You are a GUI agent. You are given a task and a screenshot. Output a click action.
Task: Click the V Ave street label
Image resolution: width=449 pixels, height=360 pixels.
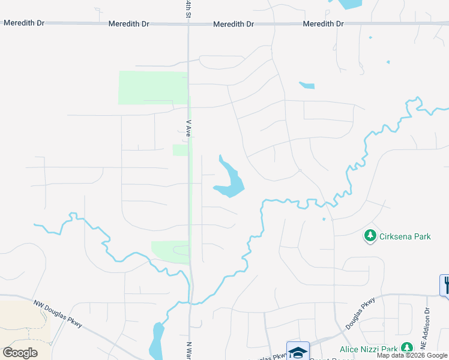click(x=188, y=128)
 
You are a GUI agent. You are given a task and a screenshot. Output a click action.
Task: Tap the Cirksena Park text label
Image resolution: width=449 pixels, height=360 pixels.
click(x=405, y=236)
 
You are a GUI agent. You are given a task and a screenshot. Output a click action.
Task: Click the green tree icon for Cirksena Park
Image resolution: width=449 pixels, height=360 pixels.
click(x=370, y=236)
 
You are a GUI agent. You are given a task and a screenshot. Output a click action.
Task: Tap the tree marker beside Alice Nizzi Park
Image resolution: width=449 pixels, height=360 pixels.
click(x=407, y=347)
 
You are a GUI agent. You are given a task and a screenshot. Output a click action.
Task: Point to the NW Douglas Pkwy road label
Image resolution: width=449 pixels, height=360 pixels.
click(x=58, y=314)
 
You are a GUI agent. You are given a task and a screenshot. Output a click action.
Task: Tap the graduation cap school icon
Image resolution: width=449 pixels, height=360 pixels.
click(x=298, y=351)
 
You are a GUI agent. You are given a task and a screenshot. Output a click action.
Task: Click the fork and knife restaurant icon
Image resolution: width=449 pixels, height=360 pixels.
click(x=445, y=284)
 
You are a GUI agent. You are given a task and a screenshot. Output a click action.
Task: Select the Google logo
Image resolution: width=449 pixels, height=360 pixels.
click(x=20, y=352)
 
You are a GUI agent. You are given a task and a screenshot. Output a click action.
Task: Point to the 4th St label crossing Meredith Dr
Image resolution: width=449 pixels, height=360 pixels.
click(x=188, y=8)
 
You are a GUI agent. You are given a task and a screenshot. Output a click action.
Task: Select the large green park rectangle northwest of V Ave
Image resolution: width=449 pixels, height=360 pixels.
click(x=153, y=88)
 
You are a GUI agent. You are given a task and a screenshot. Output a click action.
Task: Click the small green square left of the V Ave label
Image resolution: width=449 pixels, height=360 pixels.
click(x=179, y=150)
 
